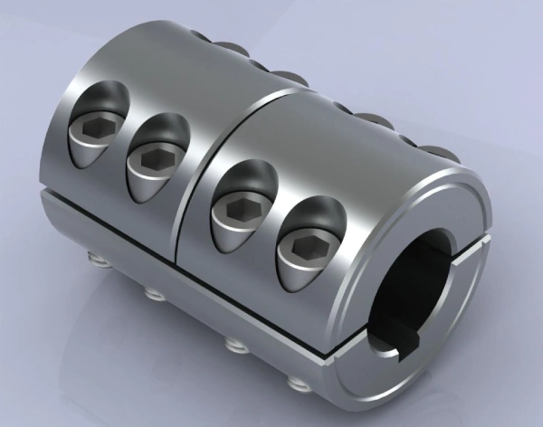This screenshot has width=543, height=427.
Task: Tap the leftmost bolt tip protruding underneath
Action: [x=93, y=261]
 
